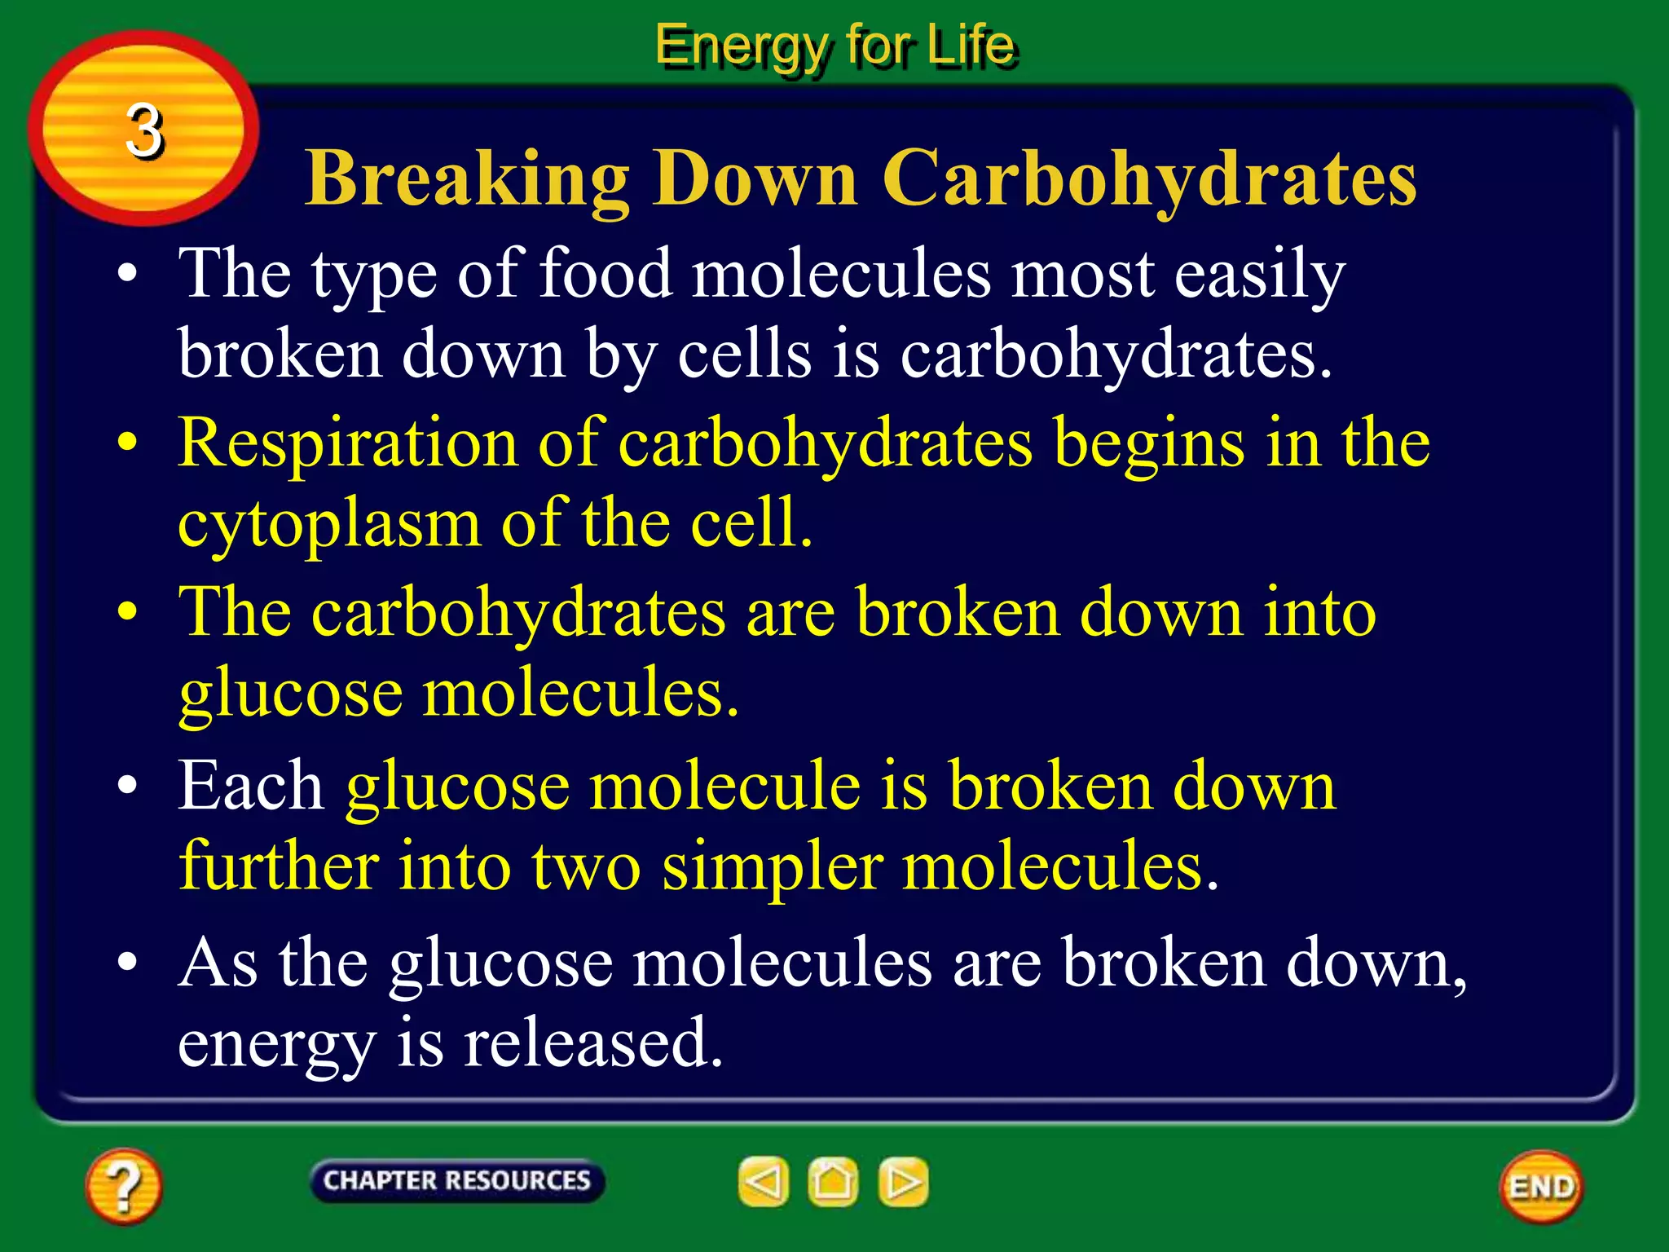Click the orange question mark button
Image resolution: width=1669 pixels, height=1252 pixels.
(x=124, y=1186)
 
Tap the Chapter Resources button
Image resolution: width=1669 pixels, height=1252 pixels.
(x=456, y=1181)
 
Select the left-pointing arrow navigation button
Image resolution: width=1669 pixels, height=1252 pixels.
(x=764, y=1182)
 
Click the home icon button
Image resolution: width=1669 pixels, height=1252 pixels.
(x=833, y=1182)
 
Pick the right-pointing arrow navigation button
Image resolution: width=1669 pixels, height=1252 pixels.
(x=903, y=1182)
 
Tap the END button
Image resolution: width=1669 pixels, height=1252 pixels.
(x=1541, y=1187)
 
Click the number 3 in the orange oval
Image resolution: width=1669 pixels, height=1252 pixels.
(x=144, y=130)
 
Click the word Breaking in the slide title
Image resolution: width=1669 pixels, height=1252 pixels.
(x=467, y=179)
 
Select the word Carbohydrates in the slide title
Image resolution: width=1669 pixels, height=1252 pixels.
(x=1149, y=179)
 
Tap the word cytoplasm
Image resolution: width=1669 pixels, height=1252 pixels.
(x=329, y=524)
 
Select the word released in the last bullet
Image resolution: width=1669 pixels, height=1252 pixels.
(x=593, y=1043)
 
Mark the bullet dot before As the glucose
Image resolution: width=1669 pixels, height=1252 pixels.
(x=127, y=962)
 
